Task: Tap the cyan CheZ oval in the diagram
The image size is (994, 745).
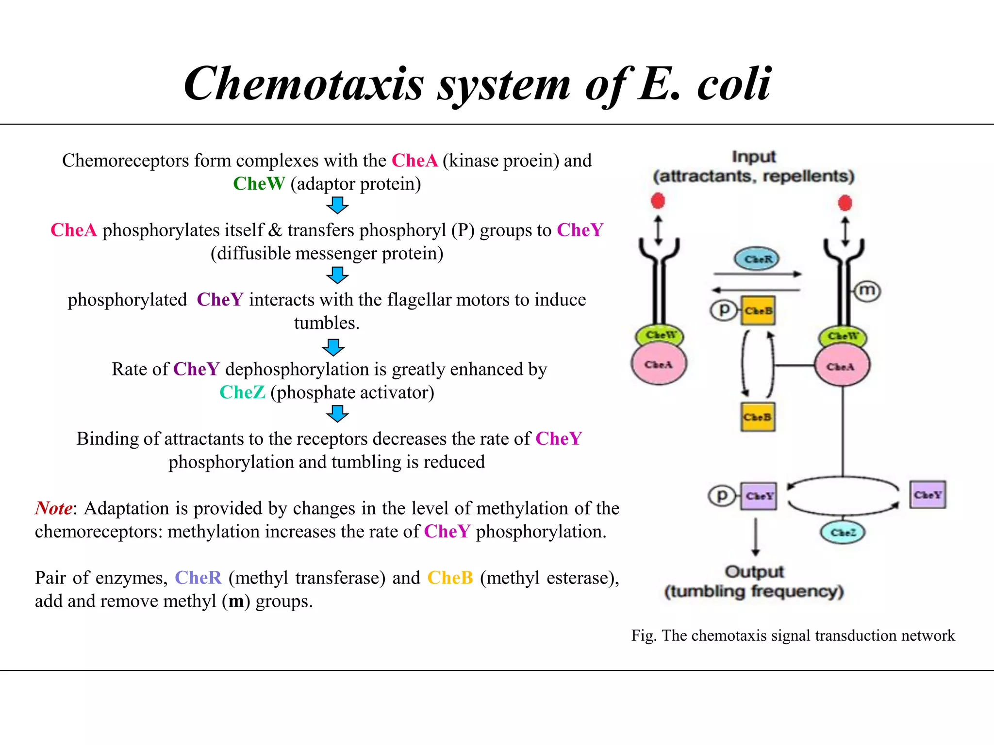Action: [x=843, y=532]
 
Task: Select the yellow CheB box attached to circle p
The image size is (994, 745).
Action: [x=758, y=310]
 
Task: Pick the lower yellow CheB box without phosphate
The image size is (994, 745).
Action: [x=758, y=417]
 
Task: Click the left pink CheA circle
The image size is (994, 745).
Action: [x=659, y=364]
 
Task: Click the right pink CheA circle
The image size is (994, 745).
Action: [x=842, y=366]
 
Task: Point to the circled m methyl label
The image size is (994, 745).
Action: [x=867, y=291]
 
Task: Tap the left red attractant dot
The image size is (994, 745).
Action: [x=658, y=200]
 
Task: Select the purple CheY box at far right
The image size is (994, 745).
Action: [x=928, y=495]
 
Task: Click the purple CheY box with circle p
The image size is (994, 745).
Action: [x=759, y=496]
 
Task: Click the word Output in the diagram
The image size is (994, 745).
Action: [x=754, y=571]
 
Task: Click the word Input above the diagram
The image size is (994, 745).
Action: [x=753, y=157]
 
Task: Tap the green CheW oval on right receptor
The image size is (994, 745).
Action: [x=843, y=336]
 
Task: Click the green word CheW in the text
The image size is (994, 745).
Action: [x=259, y=184]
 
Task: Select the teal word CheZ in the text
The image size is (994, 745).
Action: [x=242, y=392]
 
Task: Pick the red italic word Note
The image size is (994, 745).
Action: [x=53, y=508]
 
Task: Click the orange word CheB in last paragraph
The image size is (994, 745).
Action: [x=450, y=578]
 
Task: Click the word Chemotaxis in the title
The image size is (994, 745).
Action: [x=304, y=84]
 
